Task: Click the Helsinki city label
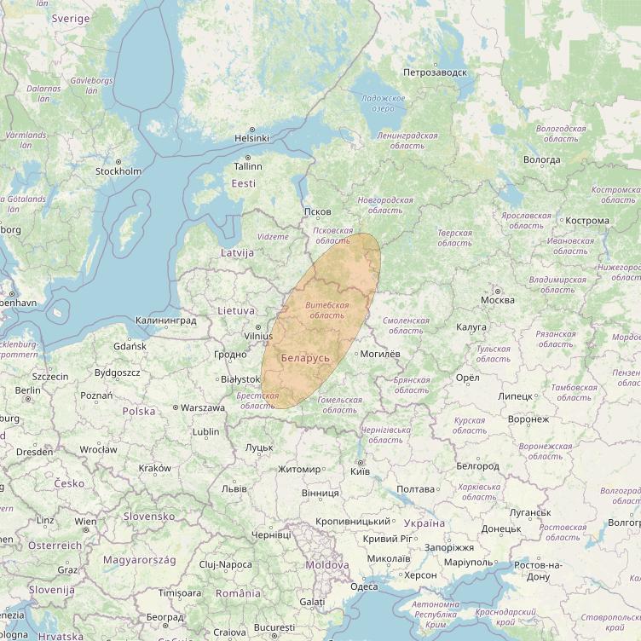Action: (251, 138)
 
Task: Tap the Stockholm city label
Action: (118, 171)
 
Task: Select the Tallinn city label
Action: (248, 167)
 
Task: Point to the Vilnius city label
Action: (257, 337)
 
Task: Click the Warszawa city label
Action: (202, 407)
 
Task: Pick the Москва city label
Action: (497, 300)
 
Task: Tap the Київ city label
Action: (360, 471)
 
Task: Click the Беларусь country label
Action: (304, 358)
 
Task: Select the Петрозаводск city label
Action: (436, 72)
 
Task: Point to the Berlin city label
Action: (27, 390)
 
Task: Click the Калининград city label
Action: (165, 321)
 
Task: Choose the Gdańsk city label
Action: (130, 346)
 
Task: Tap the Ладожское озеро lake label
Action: (383, 104)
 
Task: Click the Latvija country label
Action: (237, 253)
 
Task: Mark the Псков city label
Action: (317, 211)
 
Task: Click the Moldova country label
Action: (327, 565)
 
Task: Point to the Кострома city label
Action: (586, 221)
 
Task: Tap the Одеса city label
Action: (363, 586)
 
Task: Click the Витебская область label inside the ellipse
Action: (326, 310)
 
